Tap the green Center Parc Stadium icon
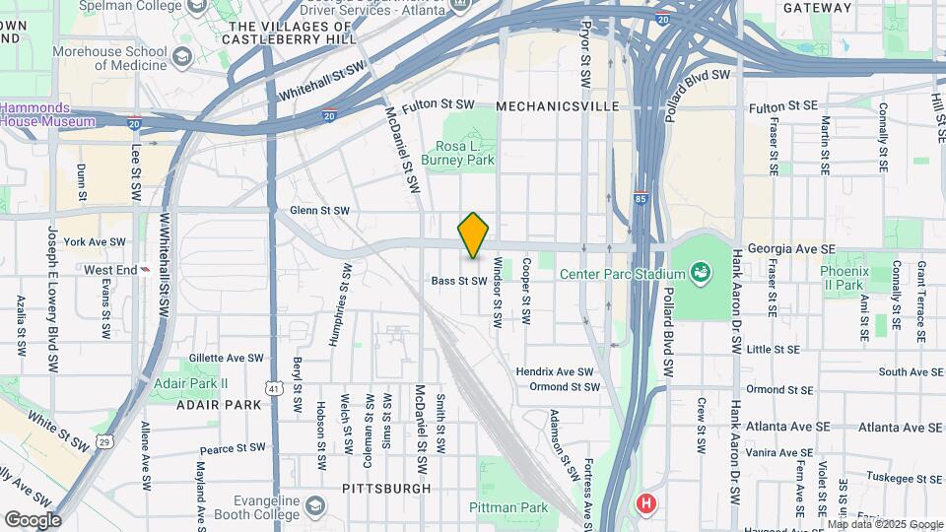point(701,271)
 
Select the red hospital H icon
point(646,503)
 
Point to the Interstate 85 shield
point(641,197)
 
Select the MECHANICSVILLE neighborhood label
point(558,105)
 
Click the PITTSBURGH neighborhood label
point(386,488)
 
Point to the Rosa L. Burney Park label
point(456,152)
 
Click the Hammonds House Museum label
point(47,114)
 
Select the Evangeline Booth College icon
point(314,507)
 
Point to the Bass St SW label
point(459,281)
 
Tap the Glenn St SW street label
point(319,211)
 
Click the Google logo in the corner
point(33,519)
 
